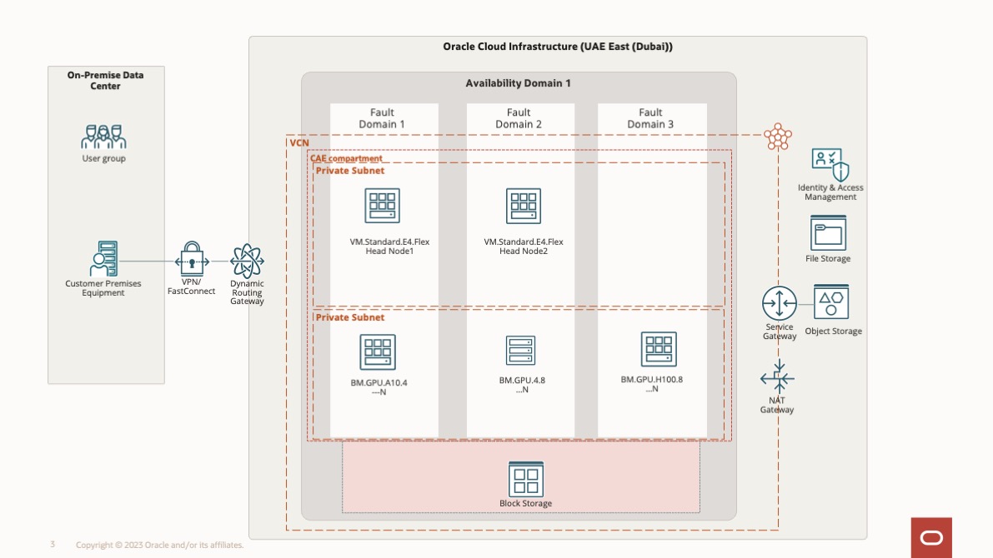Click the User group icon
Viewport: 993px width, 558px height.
(x=103, y=137)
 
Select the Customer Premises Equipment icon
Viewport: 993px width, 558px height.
(x=103, y=259)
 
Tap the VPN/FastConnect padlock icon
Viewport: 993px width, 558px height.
(x=192, y=260)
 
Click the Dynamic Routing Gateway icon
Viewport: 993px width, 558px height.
(x=247, y=261)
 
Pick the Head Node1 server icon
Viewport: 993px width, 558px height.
(x=383, y=206)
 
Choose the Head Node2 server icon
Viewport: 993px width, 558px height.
(x=524, y=206)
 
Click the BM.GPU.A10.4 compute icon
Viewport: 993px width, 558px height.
(x=378, y=352)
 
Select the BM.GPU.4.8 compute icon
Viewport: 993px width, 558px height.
(x=521, y=351)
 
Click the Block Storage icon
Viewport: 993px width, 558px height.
(x=526, y=479)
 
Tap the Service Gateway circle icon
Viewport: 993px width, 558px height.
(x=780, y=303)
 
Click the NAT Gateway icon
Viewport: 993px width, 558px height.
(x=777, y=379)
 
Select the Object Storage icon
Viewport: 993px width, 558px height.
(x=831, y=301)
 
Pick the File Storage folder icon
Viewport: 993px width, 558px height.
(x=828, y=232)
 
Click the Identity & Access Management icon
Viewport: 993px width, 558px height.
(x=830, y=165)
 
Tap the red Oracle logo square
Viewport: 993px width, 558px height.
(x=931, y=537)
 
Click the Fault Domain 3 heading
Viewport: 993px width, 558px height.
(x=650, y=118)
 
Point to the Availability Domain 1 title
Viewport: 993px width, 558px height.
(x=518, y=83)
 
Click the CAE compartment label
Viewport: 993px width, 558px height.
(x=346, y=158)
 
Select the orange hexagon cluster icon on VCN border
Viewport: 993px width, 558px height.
(x=778, y=137)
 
